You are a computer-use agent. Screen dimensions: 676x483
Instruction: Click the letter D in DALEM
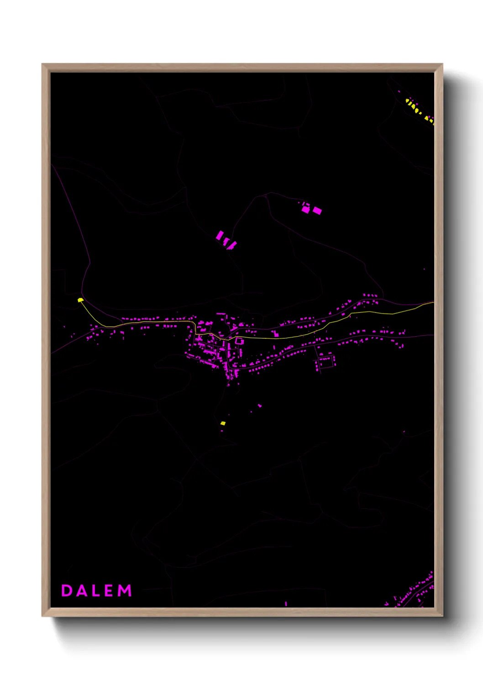click(x=67, y=591)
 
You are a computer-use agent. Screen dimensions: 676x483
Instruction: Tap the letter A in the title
click(x=81, y=591)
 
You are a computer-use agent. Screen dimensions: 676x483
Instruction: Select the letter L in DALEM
click(x=95, y=591)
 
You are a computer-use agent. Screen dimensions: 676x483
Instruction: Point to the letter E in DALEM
click(x=109, y=591)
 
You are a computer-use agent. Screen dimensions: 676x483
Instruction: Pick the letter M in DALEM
click(x=125, y=591)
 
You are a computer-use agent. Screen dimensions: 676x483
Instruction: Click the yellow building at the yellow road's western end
click(x=80, y=300)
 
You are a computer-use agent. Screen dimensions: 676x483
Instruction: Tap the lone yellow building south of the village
click(x=223, y=423)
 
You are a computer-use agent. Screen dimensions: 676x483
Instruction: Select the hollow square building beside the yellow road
click(x=239, y=341)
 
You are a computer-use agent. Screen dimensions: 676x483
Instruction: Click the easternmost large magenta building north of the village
click(x=317, y=211)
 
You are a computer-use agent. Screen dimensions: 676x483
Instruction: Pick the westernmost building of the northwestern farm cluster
click(x=220, y=235)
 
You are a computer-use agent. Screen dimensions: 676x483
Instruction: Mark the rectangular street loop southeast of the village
click(x=326, y=362)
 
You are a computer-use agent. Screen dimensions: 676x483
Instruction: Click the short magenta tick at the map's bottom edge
click(x=286, y=603)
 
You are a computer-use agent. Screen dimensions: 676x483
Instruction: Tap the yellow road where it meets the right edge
click(x=433, y=302)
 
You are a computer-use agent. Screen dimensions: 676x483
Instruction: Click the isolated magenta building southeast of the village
click(x=260, y=405)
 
